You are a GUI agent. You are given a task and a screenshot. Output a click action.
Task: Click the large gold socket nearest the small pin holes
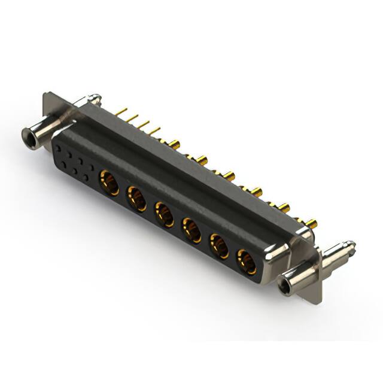click(x=109, y=181)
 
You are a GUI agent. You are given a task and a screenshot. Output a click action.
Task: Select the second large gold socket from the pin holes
click(x=136, y=197)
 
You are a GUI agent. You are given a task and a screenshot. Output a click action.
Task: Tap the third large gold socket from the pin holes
click(x=164, y=214)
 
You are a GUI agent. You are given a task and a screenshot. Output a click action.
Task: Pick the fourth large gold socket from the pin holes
click(x=191, y=229)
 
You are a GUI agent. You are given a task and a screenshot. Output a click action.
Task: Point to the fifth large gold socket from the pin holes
click(x=219, y=245)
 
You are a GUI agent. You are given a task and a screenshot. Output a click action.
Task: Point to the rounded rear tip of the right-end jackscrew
click(x=351, y=245)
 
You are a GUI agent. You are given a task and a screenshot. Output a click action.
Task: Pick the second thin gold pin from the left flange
click(x=132, y=117)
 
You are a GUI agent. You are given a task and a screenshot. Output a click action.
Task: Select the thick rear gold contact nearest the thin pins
click(x=174, y=144)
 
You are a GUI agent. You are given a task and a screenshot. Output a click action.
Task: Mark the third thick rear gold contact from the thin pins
click(x=229, y=176)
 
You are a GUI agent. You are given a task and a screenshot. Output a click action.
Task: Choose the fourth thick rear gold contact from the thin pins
click(x=256, y=192)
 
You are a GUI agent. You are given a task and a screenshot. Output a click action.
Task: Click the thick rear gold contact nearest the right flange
click(x=311, y=224)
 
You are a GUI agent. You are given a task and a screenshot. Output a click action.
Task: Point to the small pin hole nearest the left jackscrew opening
click(x=58, y=147)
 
